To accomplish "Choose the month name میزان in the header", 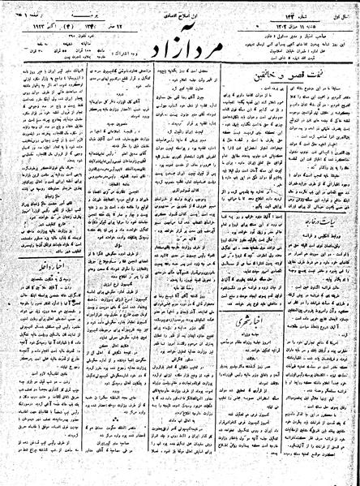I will tap(275, 17).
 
